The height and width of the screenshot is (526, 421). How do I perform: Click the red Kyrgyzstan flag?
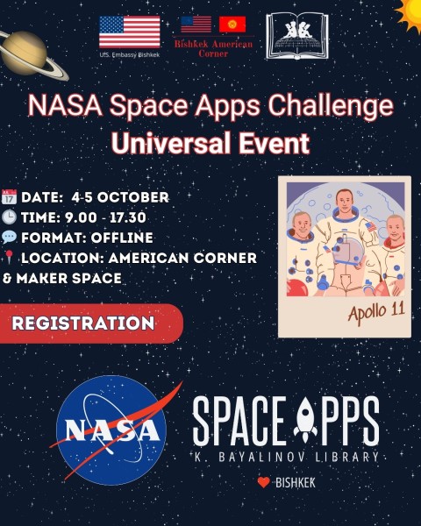point(232,25)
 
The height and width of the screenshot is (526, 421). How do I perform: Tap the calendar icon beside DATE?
point(10,197)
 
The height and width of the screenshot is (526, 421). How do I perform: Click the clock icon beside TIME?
point(10,217)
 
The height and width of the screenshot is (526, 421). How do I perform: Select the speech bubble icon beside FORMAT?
point(10,238)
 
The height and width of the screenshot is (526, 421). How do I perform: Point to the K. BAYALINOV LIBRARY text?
point(286,457)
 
